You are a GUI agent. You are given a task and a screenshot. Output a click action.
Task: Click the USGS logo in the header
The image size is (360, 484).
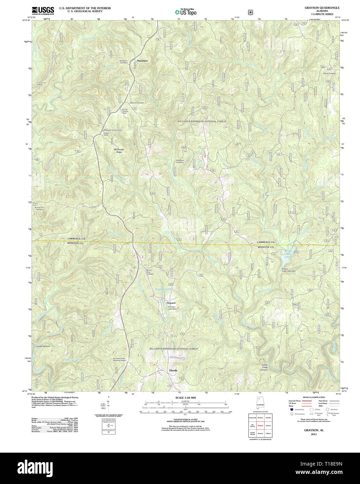[x=43, y=10]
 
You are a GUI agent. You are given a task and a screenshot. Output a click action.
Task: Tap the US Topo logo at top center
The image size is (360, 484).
[x=185, y=12]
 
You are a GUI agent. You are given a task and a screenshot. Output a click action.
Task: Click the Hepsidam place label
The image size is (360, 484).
[x=142, y=61]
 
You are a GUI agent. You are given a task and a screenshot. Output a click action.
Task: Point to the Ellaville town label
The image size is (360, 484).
[x=173, y=370]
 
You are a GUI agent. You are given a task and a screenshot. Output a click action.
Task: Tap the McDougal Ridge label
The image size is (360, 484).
[x=119, y=151]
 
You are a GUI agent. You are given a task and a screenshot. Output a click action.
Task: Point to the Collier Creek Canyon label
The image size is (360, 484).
[x=265, y=367]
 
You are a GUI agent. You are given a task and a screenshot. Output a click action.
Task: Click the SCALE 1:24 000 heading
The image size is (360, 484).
[x=185, y=398]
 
